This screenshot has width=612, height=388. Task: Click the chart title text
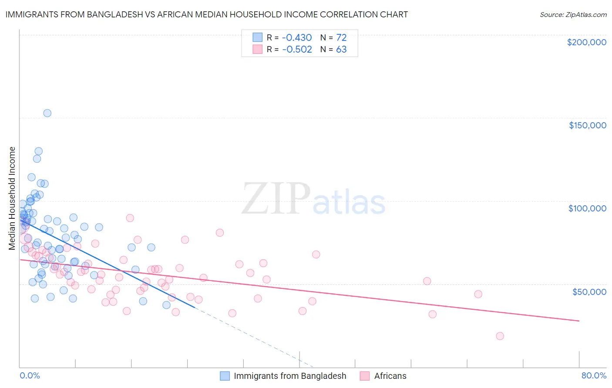pos(206,14)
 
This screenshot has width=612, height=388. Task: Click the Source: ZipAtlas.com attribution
pos(573,14)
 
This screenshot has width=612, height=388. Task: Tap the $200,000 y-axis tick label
pos(586,42)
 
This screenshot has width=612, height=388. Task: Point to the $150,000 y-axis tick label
pos(587,125)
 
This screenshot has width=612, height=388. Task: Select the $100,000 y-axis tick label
pos(587,208)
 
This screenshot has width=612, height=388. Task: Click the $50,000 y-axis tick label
pos(589,291)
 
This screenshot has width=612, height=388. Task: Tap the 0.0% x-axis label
pos(30,375)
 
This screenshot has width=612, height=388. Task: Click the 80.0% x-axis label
pos(594,375)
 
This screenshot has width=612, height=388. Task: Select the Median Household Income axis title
pos(12,198)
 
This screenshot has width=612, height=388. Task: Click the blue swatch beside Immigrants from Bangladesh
pos(225,376)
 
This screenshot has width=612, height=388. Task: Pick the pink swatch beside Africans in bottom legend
pos(365,376)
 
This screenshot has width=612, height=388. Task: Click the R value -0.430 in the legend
pos(297,37)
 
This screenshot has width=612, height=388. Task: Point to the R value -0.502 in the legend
pos(297,50)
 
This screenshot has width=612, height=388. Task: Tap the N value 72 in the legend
pos(341,37)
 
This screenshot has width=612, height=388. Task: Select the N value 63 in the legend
pos(341,50)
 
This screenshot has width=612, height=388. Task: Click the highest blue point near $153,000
pos(47,113)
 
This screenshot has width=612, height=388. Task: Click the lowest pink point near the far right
pos(500,336)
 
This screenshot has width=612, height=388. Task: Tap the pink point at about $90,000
pos(130,218)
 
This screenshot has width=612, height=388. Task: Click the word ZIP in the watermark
pos(276,199)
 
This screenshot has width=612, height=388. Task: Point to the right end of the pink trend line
pos(579,321)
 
